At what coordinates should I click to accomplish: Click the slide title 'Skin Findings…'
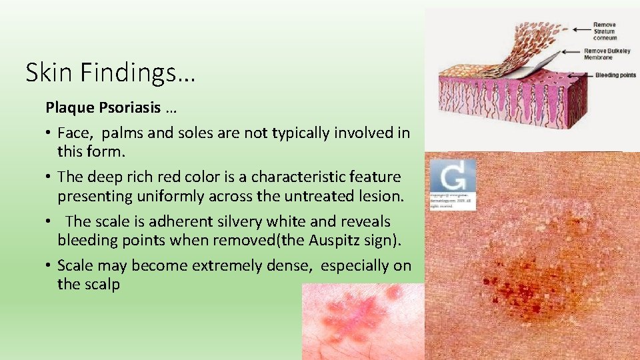pos(111,72)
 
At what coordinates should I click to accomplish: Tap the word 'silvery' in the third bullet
pos(205,221)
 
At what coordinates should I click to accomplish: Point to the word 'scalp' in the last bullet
pos(101,284)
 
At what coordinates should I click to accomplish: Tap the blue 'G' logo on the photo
pos(453,175)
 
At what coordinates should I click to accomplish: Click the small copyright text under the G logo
pos(453,203)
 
